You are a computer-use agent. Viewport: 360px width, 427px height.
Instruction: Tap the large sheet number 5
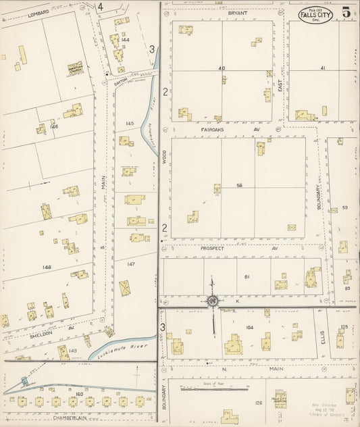346,11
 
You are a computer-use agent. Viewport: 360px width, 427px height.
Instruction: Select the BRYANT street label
219,13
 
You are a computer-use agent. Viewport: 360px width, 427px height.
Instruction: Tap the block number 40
221,68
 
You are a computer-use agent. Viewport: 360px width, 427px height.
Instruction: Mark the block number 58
239,186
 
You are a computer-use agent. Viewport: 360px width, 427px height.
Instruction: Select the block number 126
257,403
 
